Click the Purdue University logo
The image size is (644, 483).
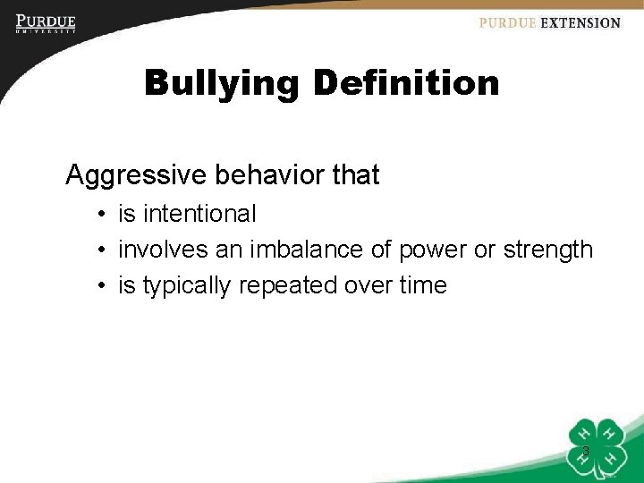point(46,23)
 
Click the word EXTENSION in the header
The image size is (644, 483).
point(580,23)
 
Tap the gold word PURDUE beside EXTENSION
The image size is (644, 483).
point(507,23)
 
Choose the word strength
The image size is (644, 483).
point(547,250)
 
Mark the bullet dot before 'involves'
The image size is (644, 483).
point(104,250)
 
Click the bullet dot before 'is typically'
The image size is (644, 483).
point(104,286)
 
